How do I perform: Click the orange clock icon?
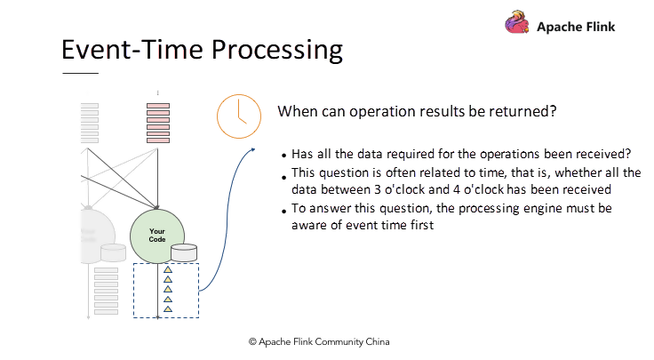tap(239, 116)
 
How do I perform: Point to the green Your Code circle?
tap(157, 236)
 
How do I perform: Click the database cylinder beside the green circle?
tap(184, 253)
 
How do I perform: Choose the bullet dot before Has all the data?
tap(284, 155)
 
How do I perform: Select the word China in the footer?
tap(372, 341)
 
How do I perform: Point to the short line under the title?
tap(80, 73)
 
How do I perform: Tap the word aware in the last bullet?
tap(309, 225)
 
